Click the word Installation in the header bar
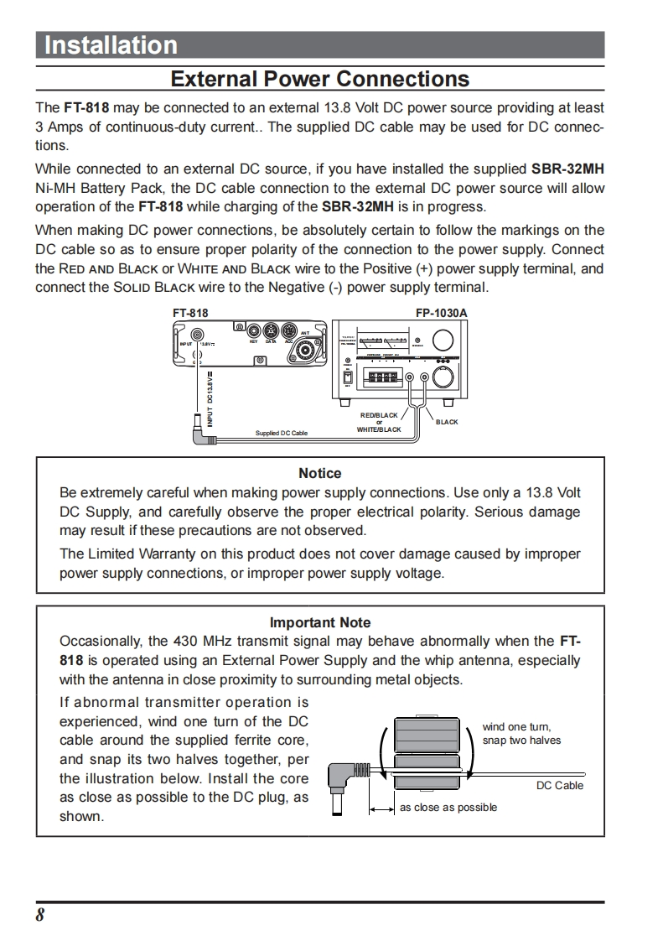tap(110, 45)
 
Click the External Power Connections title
tap(319, 80)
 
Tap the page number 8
tap(39, 915)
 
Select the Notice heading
tap(319, 474)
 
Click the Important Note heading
tap(319, 622)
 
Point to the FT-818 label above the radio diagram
tap(190, 313)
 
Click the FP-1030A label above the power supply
tap(441, 313)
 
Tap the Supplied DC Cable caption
tap(282, 433)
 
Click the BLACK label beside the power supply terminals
tap(447, 422)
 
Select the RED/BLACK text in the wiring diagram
tap(379, 415)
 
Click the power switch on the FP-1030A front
tap(347, 377)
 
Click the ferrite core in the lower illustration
tap(427, 753)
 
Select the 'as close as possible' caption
tap(448, 808)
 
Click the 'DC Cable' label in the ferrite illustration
tap(559, 786)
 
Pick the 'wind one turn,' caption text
tap(516, 727)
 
